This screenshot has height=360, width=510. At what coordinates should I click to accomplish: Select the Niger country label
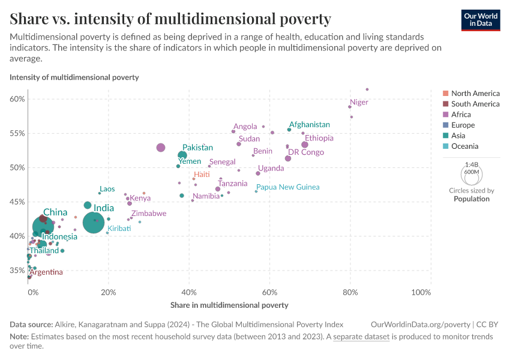point(359,102)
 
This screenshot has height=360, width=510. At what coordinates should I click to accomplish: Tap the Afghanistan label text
point(310,125)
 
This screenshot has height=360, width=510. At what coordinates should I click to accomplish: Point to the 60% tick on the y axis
point(17,99)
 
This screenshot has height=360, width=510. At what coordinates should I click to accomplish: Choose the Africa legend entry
point(461,115)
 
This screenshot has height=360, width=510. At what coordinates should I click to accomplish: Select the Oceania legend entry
point(464,146)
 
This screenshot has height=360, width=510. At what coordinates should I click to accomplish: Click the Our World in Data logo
point(481,19)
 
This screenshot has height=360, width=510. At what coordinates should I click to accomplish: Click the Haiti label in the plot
point(202,175)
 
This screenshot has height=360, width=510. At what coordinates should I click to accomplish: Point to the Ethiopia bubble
point(305,145)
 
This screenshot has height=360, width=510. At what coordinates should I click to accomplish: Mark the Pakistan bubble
point(182,155)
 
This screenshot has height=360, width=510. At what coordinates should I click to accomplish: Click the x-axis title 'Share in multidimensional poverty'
point(229,305)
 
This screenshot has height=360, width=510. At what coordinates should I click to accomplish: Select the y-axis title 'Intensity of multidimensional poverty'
point(74,77)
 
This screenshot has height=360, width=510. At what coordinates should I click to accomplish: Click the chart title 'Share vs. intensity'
point(170,19)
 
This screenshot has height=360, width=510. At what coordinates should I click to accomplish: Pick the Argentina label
point(46,272)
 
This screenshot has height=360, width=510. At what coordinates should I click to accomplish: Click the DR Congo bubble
point(288,158)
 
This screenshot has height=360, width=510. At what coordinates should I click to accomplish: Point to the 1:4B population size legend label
point(472,164)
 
